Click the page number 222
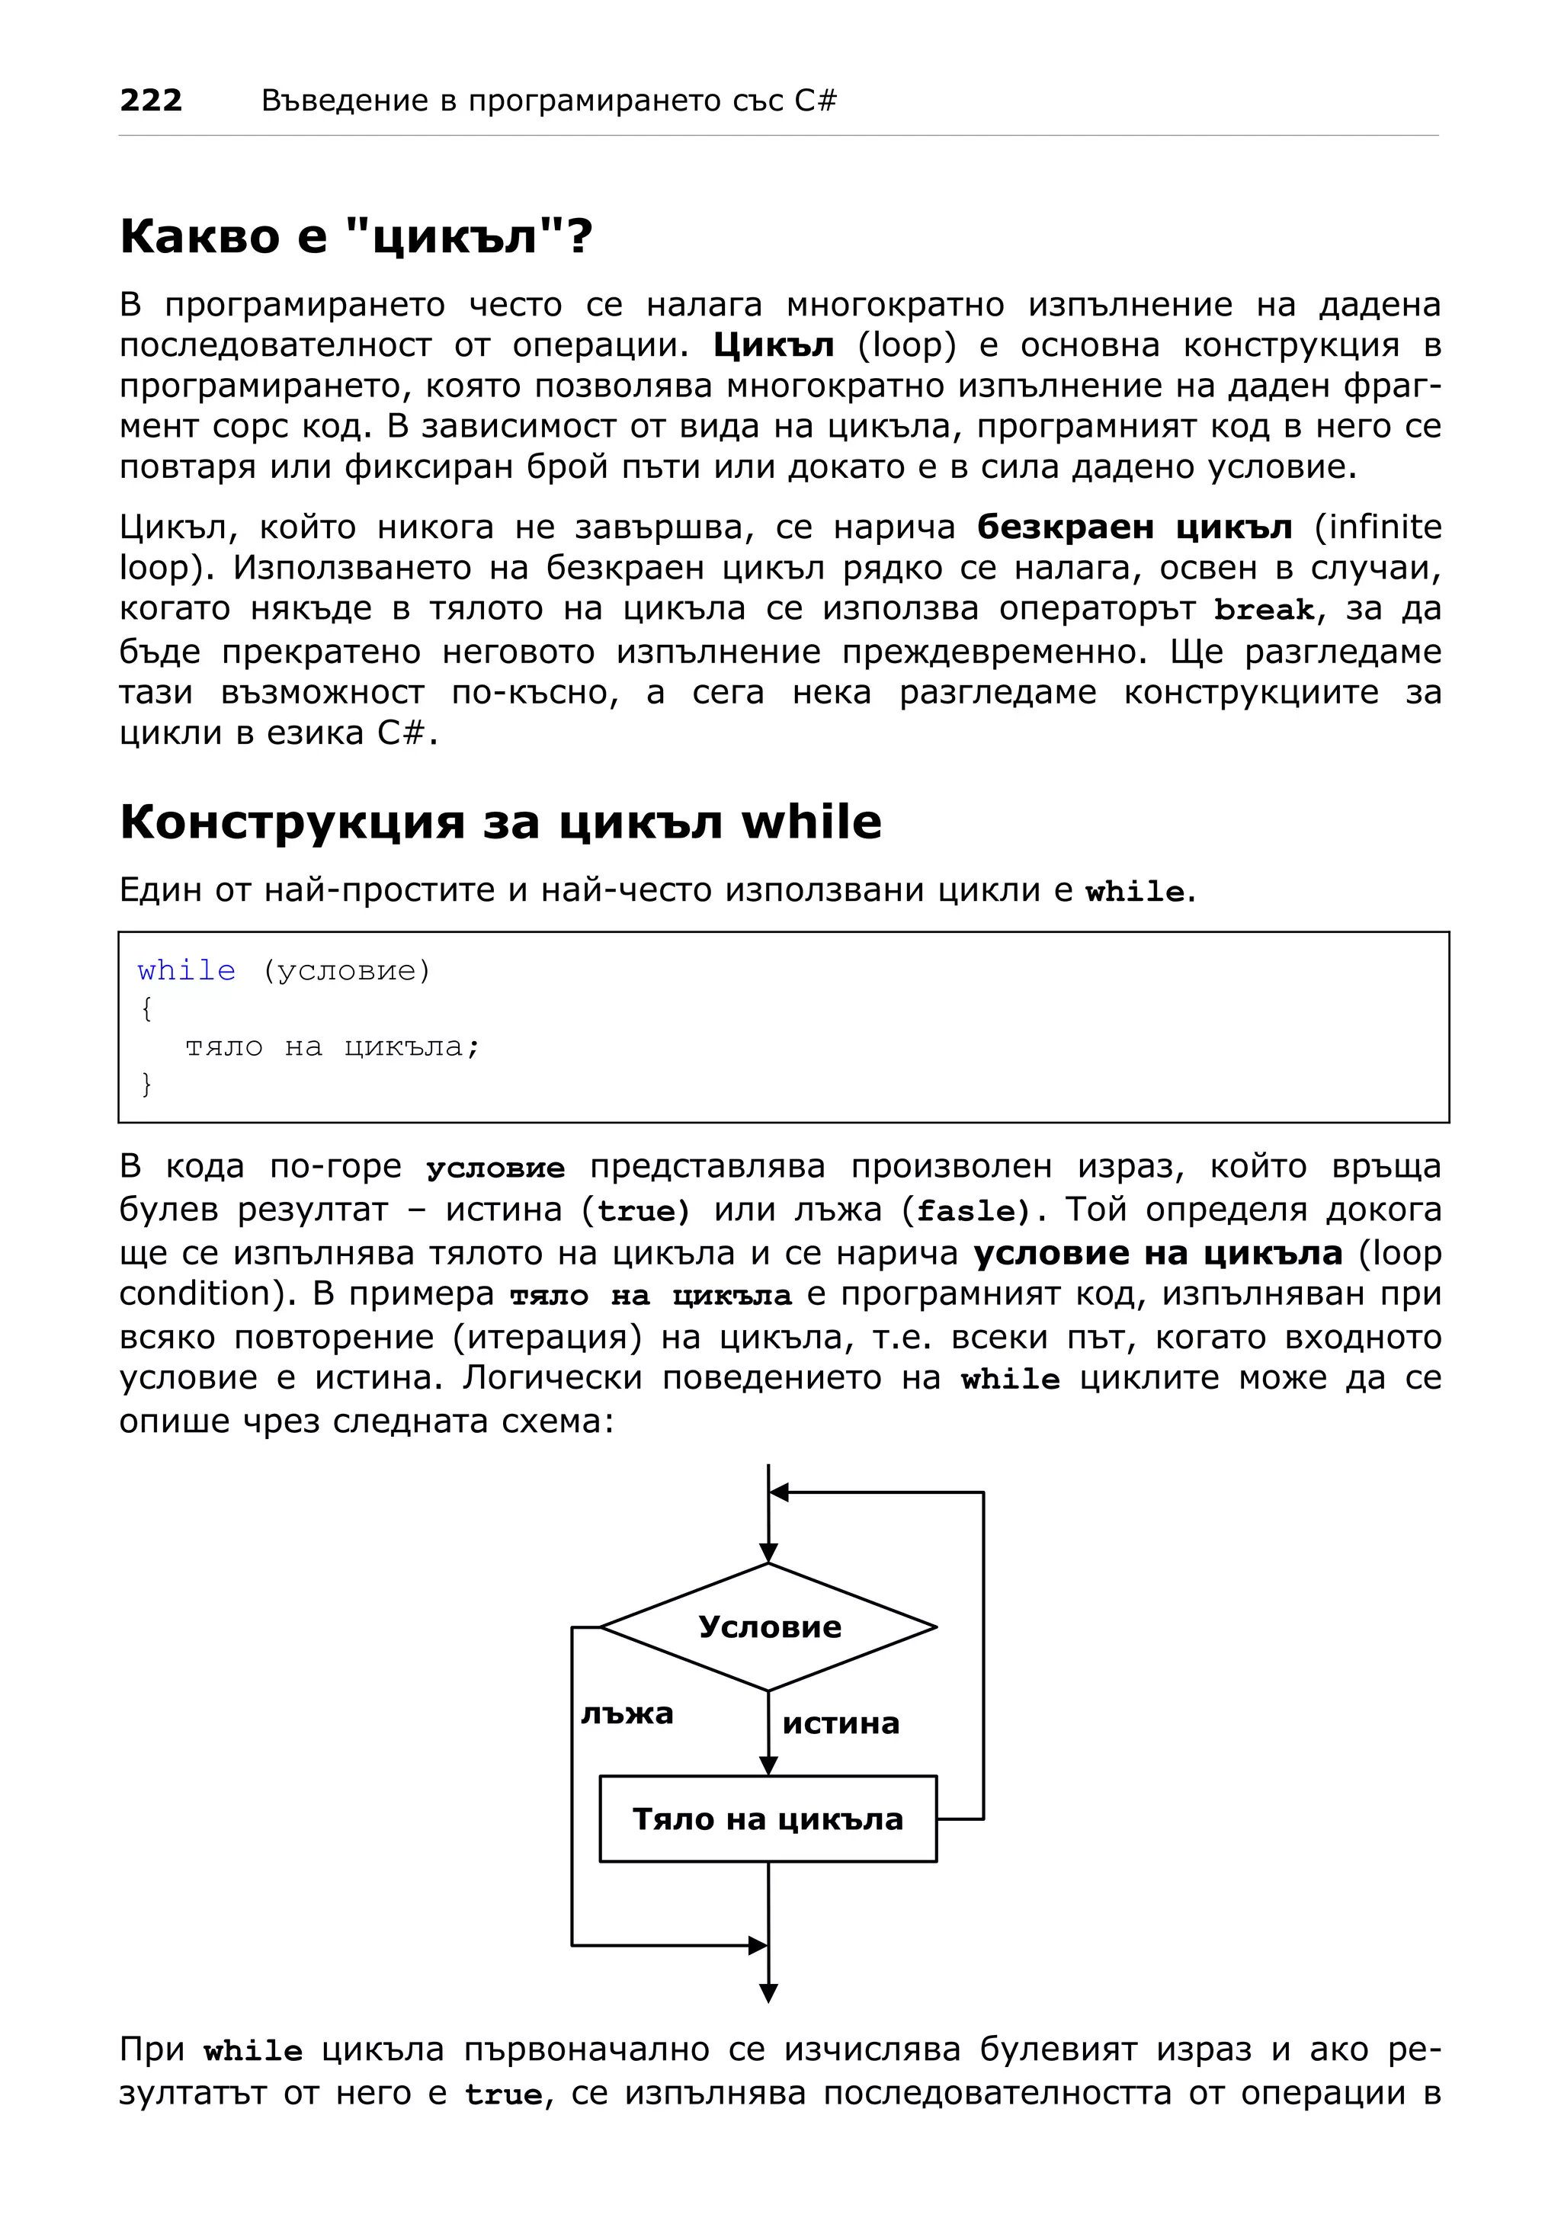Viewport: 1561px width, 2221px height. [x=151, y=100]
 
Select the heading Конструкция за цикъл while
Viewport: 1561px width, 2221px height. [x=500, y=822]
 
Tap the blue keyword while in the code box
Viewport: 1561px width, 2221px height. [x=186, y=970]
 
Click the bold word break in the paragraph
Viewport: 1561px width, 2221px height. [x=1263, y=610]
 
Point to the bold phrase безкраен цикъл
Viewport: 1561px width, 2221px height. [x=1133, y=527]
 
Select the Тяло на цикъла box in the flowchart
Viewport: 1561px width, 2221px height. [x=768, y=1819]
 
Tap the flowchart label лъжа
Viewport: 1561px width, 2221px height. [x=627, y=1714]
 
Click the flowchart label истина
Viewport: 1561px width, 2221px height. [x=841, y=1724]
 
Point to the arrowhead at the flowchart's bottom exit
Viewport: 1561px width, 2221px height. [x=769, y=1992]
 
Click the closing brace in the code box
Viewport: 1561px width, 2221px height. [x=147, y=1083]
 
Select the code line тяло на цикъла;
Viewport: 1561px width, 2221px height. [x=332, y=1046]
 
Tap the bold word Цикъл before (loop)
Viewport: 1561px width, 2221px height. [x=773, y=345]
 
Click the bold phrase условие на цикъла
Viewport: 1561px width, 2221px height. [x=1157, y=1253]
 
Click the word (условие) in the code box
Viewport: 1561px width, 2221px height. [x=345, y=970]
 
